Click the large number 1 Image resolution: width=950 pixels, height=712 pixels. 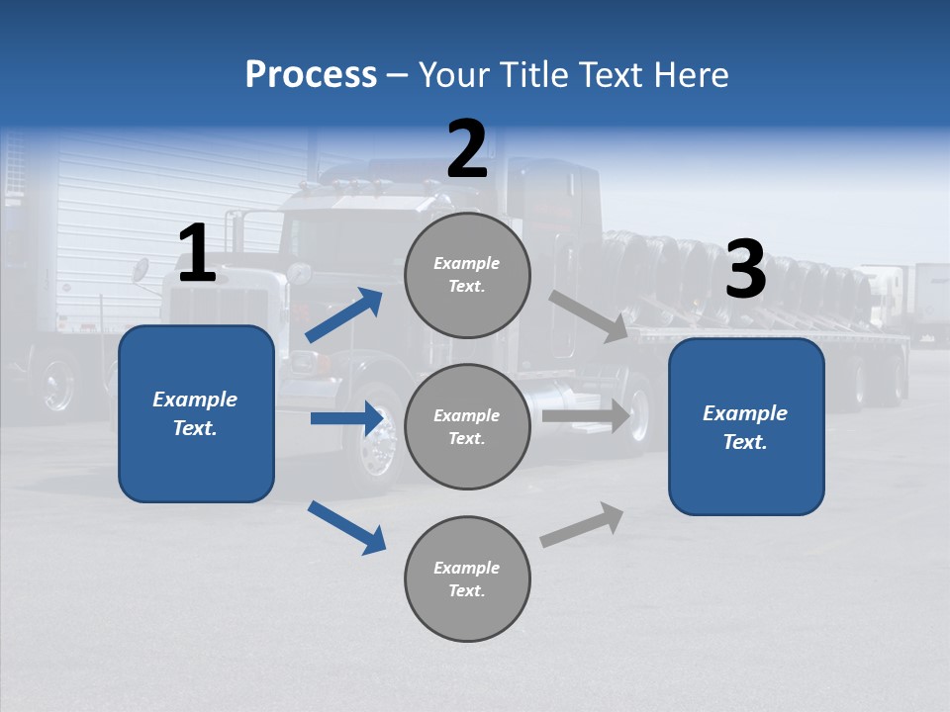(x=196, y=254)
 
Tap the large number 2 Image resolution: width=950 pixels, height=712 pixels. (x=466, y=149)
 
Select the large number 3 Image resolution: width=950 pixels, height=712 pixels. (x=745, y=270)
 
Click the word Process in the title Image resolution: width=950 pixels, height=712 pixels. (x=311, y=74)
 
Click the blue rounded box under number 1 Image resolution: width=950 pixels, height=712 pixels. (x=196, y=413)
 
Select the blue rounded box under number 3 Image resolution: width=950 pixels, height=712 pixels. (x=746, y=426)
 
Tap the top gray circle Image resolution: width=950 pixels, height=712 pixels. (x=467, y=274)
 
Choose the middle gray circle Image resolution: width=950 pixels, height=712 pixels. (x=467, y=426)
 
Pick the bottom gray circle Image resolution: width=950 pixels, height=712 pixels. (x=467, y=578)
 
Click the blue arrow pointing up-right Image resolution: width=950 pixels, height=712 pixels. (x=344, y=314)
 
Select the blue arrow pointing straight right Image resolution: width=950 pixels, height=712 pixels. (x=347, y=418)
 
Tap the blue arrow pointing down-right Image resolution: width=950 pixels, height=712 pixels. (x=347, y=527)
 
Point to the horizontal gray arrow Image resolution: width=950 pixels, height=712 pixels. (x=586, y=415)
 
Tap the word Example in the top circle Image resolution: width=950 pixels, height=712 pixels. (x=466, y=263)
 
